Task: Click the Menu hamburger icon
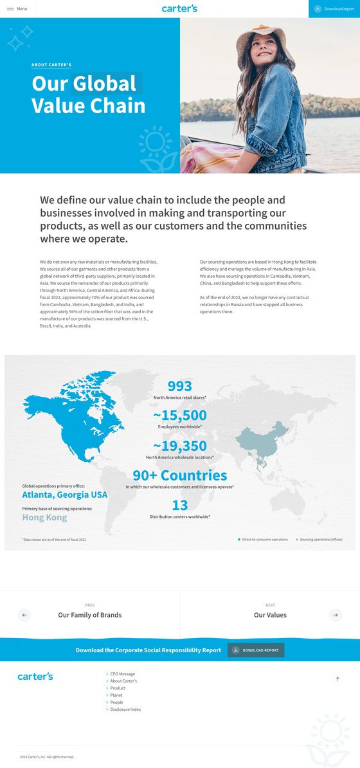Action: tap(10, 9)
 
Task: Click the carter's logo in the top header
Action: tap(180, 8)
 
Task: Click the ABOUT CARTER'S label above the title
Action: tap(51, 65)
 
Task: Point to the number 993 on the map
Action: tap(180, 386)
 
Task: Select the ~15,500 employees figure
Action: tap(180, 416)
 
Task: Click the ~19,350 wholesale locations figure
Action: tap(180, 446)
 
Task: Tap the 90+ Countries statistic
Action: tap(180, 475)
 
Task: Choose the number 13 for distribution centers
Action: tap(180, 505)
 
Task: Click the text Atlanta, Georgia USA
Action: tap(65, 495)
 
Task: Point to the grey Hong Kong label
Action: tap(44, 517)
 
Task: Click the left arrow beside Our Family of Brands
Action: tap(24, 615)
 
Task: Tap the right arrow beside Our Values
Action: tap(336, 615)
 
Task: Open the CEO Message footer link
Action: tap(122, 673)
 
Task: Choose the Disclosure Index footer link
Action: tap(125, 709)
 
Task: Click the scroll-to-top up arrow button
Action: tap(338, 679)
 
